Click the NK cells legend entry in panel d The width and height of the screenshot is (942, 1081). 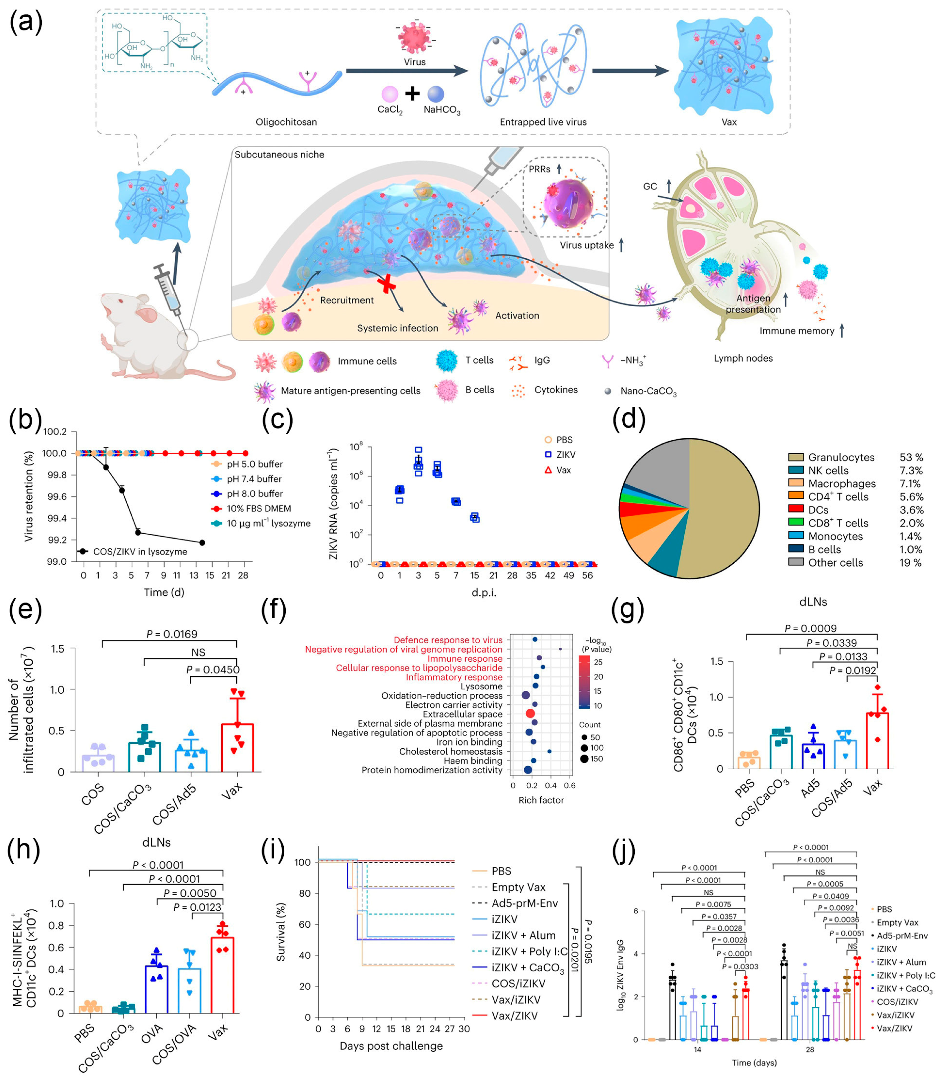point(828,471)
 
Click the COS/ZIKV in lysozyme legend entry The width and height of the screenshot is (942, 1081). point(140,552)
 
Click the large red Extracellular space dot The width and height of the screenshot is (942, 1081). point(530,713)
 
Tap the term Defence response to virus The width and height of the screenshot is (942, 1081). point(448,640)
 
